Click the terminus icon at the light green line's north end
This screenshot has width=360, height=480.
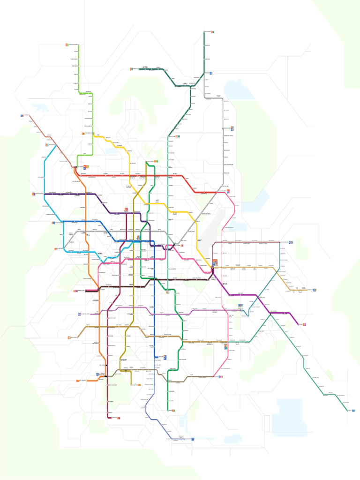[67, 45]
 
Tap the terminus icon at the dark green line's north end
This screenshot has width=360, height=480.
[212, 32]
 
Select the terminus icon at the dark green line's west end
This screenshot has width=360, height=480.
[131, 69]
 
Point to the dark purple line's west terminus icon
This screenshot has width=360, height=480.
[34, 194]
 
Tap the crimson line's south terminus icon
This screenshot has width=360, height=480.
[119, 418]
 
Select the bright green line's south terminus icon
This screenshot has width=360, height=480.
[173, 411]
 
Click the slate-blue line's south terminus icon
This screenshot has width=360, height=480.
[192, 439]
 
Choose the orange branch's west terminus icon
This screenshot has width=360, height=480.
[78, 381]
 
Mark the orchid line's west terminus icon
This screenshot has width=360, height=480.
[80, 314]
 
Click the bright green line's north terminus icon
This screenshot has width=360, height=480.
[156, 161]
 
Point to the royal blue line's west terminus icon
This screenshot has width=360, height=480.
[53, 223]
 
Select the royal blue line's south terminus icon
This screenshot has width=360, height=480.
[165, 357]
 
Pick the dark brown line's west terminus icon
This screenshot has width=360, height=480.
[75, 291]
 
